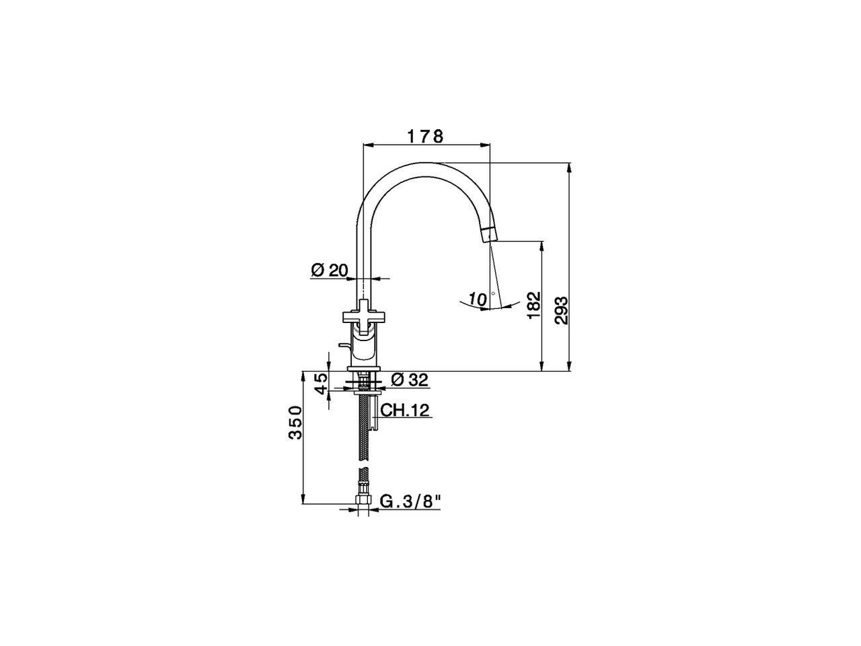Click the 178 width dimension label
[x=425, y=136]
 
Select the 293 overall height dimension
[x=561, y=310]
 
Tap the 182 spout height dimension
[x=533, y=306]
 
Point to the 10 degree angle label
[x=478, y=298]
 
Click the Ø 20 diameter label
[x=329, y=271]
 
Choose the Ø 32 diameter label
[x=409, y=380]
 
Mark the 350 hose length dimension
[x=295, y=423]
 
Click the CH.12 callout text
[x=405, y=410]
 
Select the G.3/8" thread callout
[x=411, y=501]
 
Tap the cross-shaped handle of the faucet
[x=363, y=314]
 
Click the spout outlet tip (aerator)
[x=488, y=234]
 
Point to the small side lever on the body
[x=345, y=346]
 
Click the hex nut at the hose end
[x=363, y=501]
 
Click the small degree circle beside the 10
[x=494, y=294]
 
